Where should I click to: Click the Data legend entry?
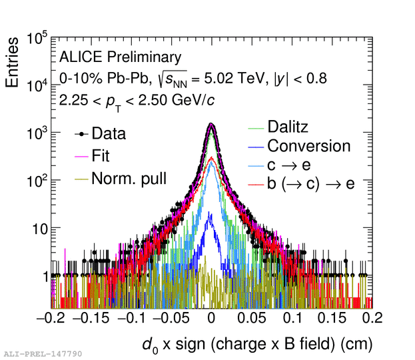(x=109, y=134)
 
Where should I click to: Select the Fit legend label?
(x=101, y=157)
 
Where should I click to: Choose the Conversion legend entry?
(x=308, y=146)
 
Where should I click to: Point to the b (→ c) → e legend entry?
(x=310, y=184)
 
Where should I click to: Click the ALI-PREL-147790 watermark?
(x=43, y=354)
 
